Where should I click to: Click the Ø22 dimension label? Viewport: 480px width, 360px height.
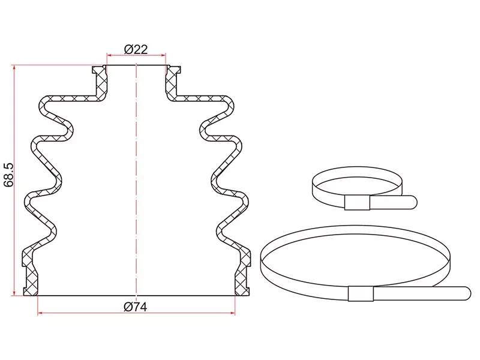(x=136, y=49)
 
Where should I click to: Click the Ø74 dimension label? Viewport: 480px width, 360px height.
(x=136, y=307)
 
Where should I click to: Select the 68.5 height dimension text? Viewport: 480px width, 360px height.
(x=9, y=175)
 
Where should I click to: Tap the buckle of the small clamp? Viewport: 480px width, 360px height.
(x=357, y=203)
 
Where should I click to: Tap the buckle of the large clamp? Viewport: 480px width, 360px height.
(x=361, y=293)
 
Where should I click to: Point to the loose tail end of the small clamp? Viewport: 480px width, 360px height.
(x=413, y=202)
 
